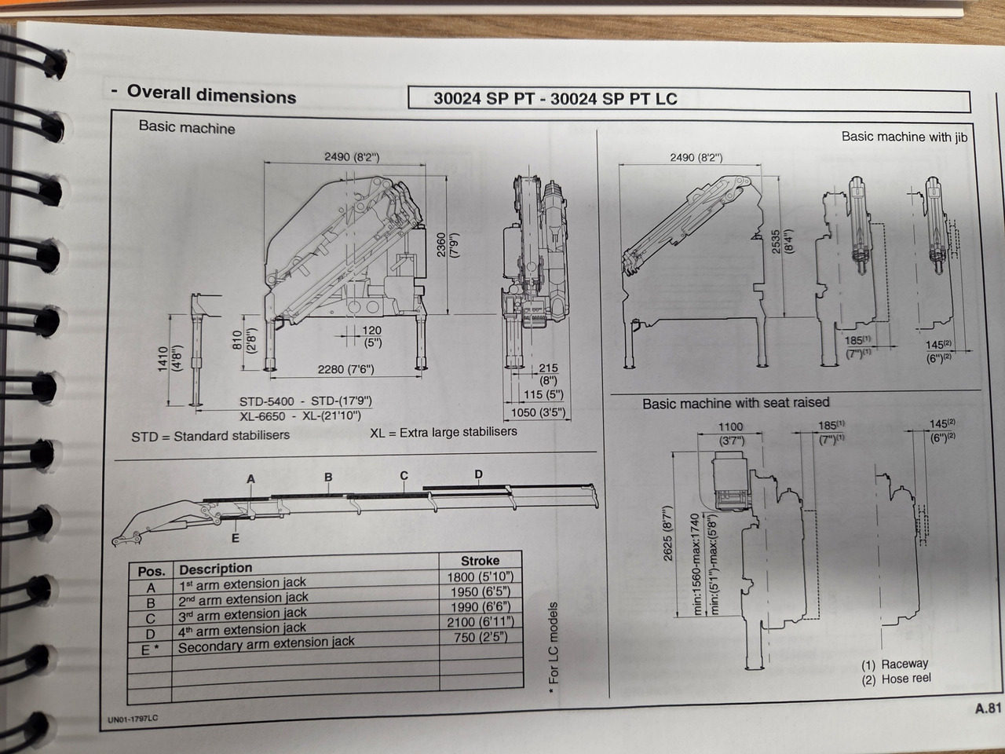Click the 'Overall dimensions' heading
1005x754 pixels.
click(211, 94)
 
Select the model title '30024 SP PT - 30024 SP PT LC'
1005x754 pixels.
click(555, 99)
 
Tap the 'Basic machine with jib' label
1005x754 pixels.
click(904, 137)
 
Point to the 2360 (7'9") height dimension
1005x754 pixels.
click(447, 244)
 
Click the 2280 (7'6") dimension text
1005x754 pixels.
click(345, 369)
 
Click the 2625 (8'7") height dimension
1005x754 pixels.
click(668, 533)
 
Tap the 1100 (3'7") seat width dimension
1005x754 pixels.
click(730, 433)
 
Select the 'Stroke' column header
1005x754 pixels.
click(480, 561)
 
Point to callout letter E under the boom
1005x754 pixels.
click(235, 539)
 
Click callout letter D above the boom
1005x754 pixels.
click(478, 474)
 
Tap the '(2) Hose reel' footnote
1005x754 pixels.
click(896, 679)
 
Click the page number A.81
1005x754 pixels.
click(988, 708)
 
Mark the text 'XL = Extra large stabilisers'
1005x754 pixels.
click(444, 432)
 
